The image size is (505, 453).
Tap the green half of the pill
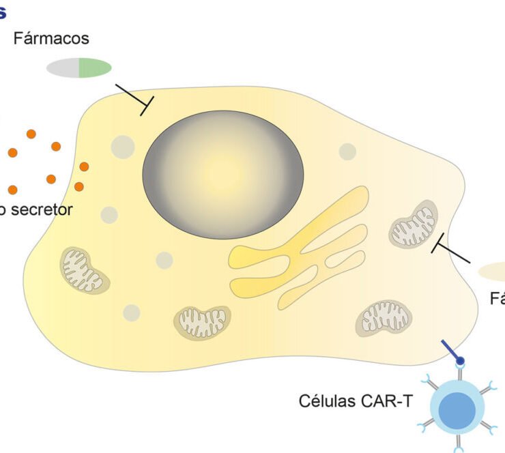pos(95,67)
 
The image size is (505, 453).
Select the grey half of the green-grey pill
pos(63,68)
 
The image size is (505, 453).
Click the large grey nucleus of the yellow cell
pos(222,175)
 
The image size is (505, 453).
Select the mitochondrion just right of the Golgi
pos(414,224)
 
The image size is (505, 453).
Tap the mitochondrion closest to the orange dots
pos(82,270)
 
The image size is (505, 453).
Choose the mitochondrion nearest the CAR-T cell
pos(384,317)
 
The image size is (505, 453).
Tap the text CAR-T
pos(388,400)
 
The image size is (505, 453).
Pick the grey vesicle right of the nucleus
pos(347,151)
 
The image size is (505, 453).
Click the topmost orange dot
pos(31,134)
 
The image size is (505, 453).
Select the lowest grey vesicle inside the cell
pos(132,312)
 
